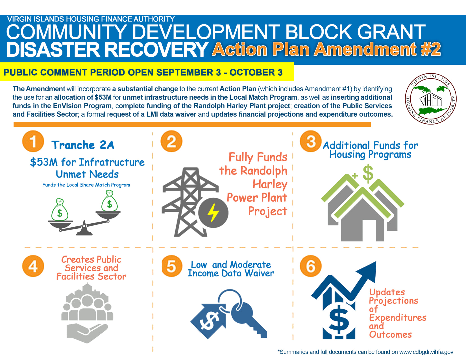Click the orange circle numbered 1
point(33,141)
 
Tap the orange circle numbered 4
point(33,266)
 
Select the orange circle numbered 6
point(310,266)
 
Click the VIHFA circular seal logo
point(431,99)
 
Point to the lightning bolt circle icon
point(213,213)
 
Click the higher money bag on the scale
point(109,201)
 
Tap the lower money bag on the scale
point(60,210)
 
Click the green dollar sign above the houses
point(368,174)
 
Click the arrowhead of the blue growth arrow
point(369,270)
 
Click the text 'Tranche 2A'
point(83,145)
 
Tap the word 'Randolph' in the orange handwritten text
point(264,171)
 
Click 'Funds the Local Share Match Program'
point(86,185)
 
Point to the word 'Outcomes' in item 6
point(390,335)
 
